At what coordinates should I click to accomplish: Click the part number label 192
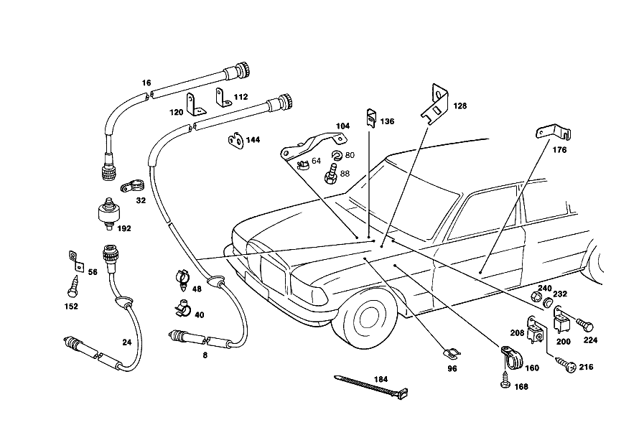pos(124,228)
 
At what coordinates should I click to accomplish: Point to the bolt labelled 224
pos(584,324)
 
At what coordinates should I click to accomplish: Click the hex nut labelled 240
pos(537,297)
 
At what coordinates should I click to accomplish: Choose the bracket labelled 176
pos(554,132)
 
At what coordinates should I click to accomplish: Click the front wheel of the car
pos(365,321)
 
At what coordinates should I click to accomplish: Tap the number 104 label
pos(342,126)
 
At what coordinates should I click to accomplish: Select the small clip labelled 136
pos(371,118)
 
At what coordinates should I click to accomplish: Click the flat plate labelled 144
pos(235,140)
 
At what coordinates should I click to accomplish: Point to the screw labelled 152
pos(73,286)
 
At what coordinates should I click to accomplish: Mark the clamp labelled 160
pos(510,358)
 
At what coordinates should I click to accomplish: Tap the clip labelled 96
pos(451,354)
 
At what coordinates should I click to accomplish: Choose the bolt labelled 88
pos(330,174)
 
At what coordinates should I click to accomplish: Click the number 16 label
pos(146,83)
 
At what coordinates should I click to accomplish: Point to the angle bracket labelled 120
pos(195,105)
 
